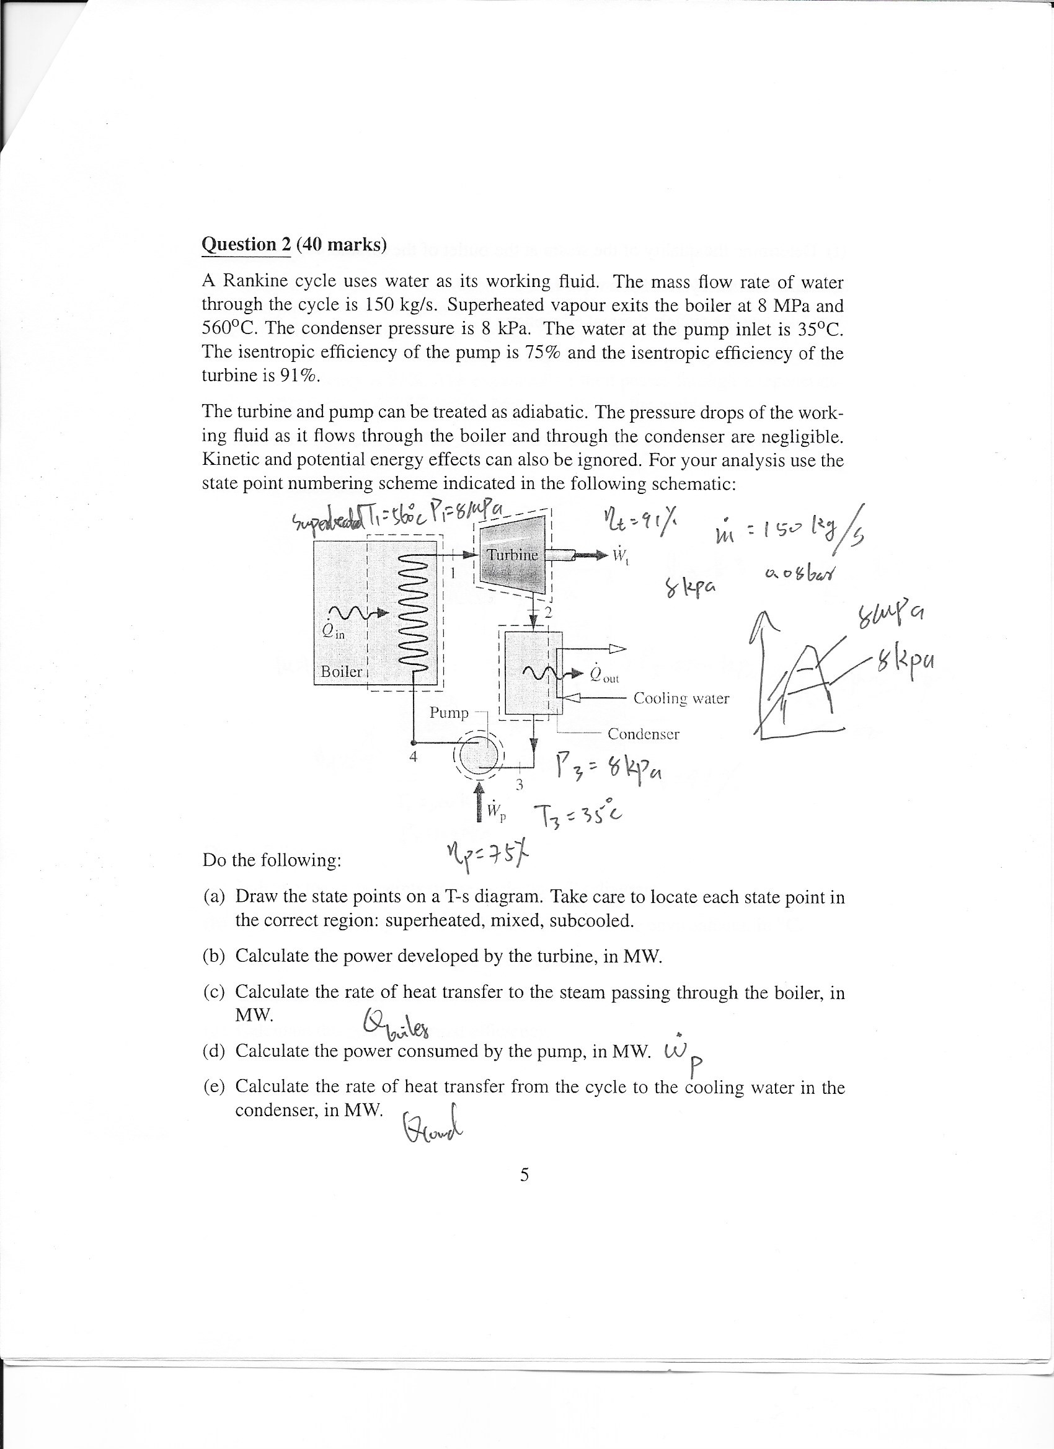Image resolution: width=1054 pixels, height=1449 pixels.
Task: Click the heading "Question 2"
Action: coord(246,245)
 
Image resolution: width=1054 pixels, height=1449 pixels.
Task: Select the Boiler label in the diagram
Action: coord(340,671)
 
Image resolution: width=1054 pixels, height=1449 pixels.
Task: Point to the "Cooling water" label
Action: coord(681,698)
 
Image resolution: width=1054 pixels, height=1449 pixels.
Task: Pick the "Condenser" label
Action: coord(643,734)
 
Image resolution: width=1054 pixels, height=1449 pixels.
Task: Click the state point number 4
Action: coord(413,758)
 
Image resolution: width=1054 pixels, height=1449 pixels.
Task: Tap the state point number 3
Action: coord(520,784)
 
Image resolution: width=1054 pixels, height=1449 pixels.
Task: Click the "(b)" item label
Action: coord(214,956)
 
